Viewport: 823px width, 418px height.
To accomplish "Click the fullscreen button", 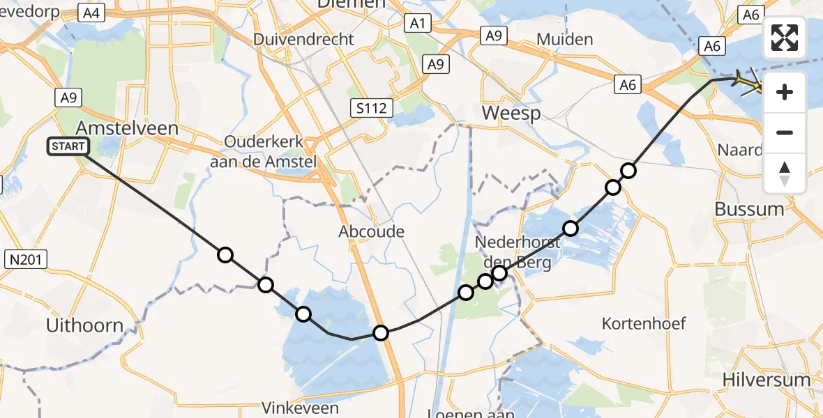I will tap(785, 38).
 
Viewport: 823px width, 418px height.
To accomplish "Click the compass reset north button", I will tap(785, 173).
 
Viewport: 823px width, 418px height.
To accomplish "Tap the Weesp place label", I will tap(511, 113).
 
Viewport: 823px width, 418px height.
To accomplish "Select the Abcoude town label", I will tap(371, 231).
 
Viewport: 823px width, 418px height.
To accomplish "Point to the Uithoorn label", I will tap(84, 325).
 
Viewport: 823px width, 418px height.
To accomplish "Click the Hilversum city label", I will tap(767, 380).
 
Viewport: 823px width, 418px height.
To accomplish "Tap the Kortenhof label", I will tap(645, 323).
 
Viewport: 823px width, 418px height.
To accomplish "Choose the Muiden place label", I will tap(565, 40).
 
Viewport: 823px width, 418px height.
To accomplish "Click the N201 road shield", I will tap(26, 260).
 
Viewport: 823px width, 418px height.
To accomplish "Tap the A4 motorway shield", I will tap(91, 13).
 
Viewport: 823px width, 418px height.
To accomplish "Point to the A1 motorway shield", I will tap(417, 24).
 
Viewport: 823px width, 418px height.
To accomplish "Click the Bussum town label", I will tap(749, 209).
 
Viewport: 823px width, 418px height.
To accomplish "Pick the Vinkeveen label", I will tap(301, 408).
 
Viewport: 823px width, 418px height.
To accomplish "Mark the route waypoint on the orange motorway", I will tap(381, 333).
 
